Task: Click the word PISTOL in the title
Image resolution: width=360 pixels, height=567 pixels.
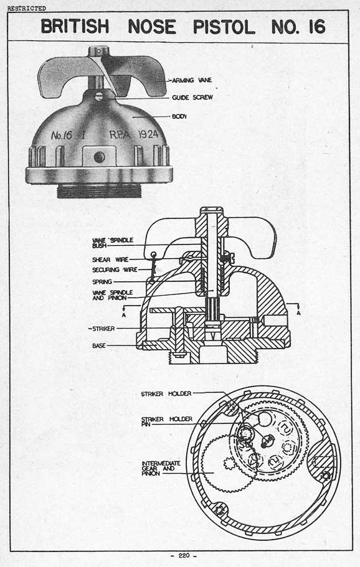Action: [224, 27]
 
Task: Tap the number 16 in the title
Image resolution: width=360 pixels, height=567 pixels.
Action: [317, 27]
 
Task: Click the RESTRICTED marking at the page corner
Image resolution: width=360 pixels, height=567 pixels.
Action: [26, 8]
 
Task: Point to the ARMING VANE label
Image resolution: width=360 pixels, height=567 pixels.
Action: [192, 80]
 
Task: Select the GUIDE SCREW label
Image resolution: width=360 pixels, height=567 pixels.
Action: [192, 97]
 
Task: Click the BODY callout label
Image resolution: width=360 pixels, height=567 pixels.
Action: [179, 116]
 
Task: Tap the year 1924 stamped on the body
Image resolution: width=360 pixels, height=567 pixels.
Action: [149, 134]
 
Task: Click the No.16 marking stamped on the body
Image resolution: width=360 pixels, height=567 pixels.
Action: [62, 136]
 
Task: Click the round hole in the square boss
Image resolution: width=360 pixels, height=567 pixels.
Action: [99, 157]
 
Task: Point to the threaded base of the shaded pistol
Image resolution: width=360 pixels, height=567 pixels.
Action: [99, 190]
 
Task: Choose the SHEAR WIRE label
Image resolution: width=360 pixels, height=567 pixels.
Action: [110, 260]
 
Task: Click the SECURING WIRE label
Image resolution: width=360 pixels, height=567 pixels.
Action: [115, 269]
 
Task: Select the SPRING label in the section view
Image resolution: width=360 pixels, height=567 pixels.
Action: [102, 282]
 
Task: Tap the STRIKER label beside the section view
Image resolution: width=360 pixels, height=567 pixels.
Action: [103, 329]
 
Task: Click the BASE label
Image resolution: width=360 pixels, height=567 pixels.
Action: [99, 345]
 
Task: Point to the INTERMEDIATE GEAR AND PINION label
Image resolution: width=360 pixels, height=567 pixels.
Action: [161, 468]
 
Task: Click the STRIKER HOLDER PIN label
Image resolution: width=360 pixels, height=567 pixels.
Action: [166, 421]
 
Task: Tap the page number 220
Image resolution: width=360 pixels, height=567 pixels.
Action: [184, 555]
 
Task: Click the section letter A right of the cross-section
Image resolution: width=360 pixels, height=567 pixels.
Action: [298, 312]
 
